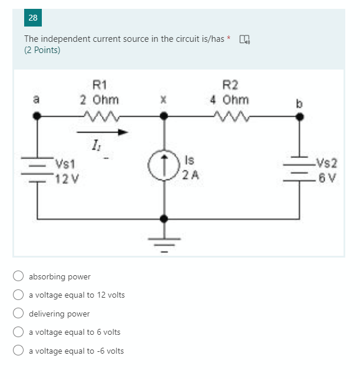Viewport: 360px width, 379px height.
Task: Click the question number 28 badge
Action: point(32,18)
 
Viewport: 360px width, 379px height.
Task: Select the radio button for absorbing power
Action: point(19,276)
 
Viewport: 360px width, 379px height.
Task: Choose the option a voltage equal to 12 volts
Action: point(19,295)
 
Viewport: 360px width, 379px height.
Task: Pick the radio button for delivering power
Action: point(19,314)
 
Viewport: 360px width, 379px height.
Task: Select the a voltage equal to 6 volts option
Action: point(19,332)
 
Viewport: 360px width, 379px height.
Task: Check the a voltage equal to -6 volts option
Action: point(19,351)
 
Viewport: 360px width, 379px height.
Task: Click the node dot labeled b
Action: point(300,117)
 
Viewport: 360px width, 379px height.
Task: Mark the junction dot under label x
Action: point(167,117)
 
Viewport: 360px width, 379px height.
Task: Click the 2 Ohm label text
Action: point(99,99)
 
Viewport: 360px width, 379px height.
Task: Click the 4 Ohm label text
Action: point(229,99)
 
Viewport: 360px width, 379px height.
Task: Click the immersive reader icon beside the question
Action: point(244,39)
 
